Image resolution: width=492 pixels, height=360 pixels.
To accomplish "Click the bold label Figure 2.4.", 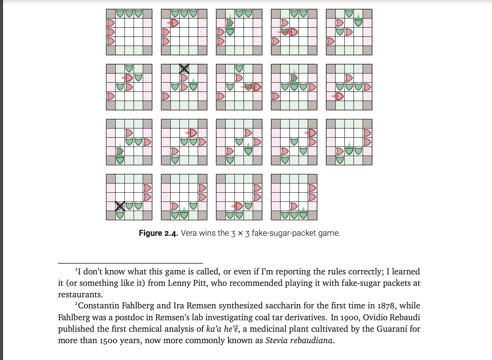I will (158, 233).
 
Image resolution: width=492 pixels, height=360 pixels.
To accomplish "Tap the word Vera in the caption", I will (188, 233).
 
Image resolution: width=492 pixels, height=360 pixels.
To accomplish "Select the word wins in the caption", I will (208, 233).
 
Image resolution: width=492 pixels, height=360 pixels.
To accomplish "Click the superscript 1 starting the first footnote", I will (76, 270).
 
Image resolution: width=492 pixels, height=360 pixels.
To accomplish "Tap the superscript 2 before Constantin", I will (76, 304).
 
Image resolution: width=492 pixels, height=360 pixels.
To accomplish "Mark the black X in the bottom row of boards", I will (120, 206).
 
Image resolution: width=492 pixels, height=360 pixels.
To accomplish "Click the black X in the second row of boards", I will (184, 69).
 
